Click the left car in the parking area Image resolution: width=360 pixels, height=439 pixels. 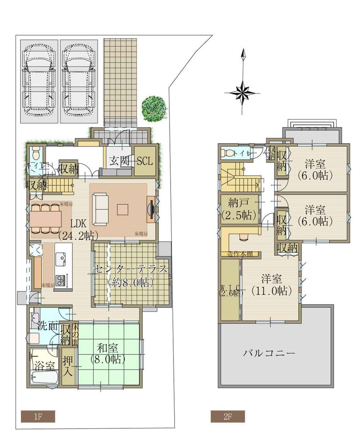(x=39, y=82)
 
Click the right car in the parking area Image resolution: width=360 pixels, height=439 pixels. (x=79, y=82)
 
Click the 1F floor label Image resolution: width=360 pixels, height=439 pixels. (x=38, y=417)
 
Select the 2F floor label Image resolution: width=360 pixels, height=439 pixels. (x=228, y=417)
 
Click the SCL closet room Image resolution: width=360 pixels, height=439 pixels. (x=145, y=161)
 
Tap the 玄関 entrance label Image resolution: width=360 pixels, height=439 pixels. (x=120, y=161)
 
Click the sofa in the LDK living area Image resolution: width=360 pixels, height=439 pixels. (x=100, y=209)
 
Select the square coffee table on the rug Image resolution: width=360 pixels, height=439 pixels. (x=122, y=209)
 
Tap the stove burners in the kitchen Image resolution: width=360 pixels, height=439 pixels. (x=60, y=279)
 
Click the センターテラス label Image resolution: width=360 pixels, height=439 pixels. (x=130, y=269)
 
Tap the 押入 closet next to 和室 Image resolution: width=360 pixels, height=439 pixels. (x=68, y=366)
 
